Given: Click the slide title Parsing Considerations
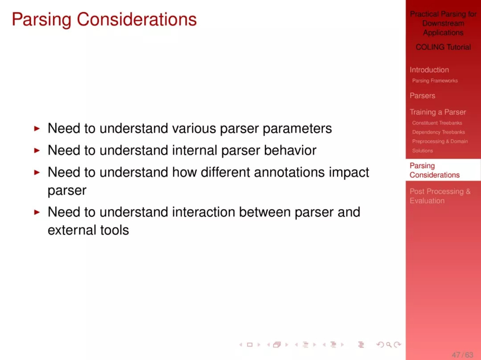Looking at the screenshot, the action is (104, 20).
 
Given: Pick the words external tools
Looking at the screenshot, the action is (88, 230).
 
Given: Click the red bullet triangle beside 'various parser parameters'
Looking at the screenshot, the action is (37, 129).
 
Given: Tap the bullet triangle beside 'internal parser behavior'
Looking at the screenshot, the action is (37, 150).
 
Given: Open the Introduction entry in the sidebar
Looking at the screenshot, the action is (429, 70).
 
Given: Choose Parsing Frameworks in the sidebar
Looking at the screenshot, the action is (435, 81).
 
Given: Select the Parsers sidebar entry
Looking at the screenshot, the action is (422, 96).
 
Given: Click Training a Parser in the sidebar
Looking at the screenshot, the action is (438, 112).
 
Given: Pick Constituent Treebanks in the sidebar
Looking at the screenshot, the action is (437, 123).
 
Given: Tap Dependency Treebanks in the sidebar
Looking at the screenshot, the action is (438, 132).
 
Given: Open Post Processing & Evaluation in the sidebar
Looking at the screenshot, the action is (440, 196).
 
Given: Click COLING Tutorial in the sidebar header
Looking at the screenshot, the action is (443, 47).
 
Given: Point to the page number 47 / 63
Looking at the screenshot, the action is (462, 355).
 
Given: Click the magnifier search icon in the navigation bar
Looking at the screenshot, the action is (389, 345).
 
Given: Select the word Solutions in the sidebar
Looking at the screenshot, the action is (422, 151).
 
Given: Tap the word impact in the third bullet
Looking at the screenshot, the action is (349, 173).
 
